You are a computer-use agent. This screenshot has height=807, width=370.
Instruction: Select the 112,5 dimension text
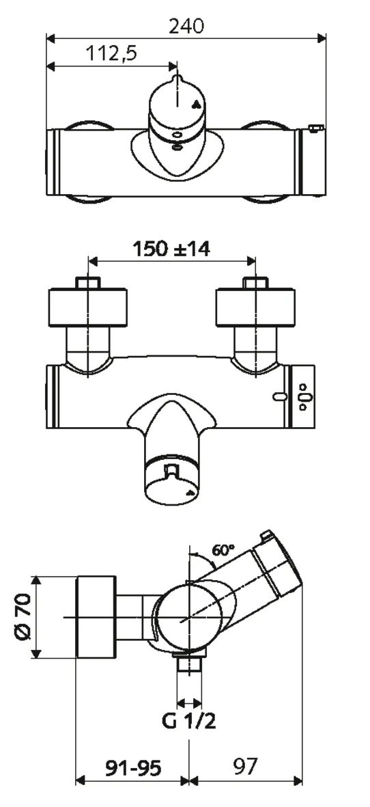(111, 54)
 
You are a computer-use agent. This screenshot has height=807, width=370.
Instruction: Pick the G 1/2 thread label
(190, 721)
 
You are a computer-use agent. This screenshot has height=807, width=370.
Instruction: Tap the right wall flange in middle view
(256, 307)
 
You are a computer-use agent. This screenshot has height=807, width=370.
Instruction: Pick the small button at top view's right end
(315, 128)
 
